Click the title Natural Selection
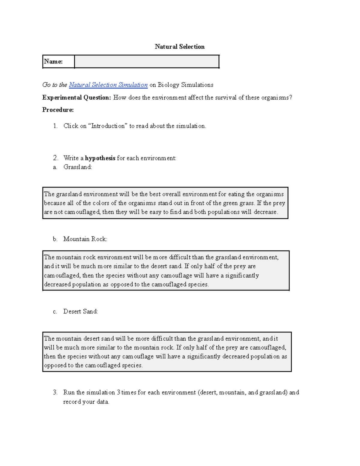click(179, 47)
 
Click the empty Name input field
click(147, 62)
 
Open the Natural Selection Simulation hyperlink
click(108, 85)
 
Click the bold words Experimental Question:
click(76, 98)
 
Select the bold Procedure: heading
click(58, 110)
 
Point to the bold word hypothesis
click(100, 158)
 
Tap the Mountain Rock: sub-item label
click(85, 239)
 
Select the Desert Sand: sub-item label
click(80, 311)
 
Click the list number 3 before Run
click(55, 392)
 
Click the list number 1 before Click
click(55, 126)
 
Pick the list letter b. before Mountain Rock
click(55, 239)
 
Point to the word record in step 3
click(71, 402)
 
